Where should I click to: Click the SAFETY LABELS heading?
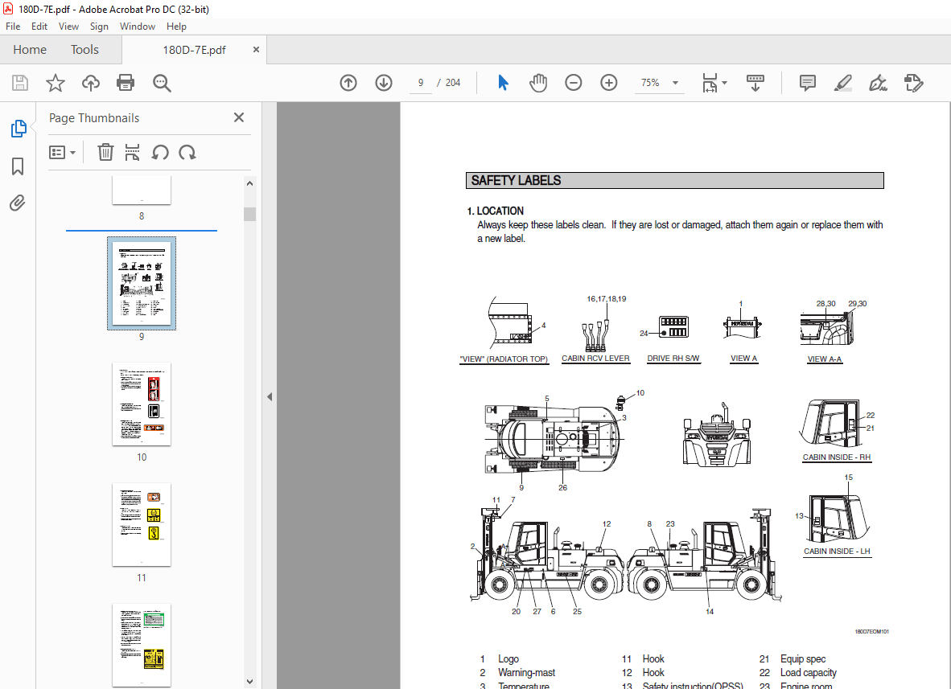[517, 181]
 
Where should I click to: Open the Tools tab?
[84, 50]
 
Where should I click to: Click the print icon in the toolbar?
[126, 83]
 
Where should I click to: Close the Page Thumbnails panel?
[239, 117]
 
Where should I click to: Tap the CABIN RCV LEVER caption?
[595, 359]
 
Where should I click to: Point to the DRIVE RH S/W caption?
[674, 359]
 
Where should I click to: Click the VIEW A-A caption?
[825, 359]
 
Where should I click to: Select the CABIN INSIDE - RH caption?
[837, 457]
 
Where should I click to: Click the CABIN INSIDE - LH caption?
[837, 552]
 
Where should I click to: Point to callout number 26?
[562, 487]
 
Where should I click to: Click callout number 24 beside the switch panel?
[644, 333]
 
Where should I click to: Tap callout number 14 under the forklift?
[710, 612]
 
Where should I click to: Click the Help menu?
[176, 27]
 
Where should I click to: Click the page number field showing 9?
[420, 83]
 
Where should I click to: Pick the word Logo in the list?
[508, 659]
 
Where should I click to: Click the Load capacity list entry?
[808, 673]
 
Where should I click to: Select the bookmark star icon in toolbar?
[56, 83]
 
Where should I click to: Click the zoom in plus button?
[608, 83]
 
